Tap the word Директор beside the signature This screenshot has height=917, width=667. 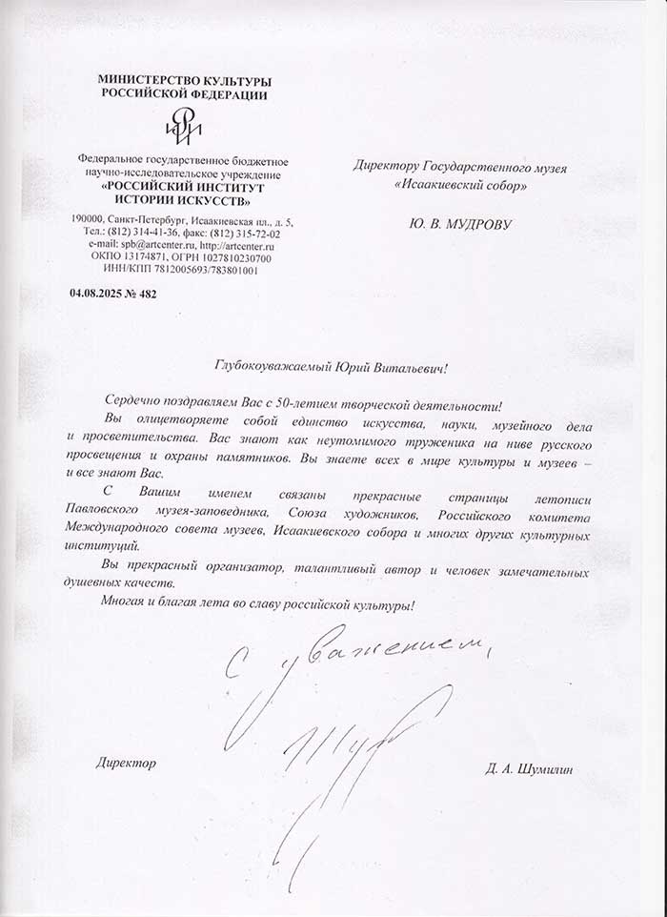124,764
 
